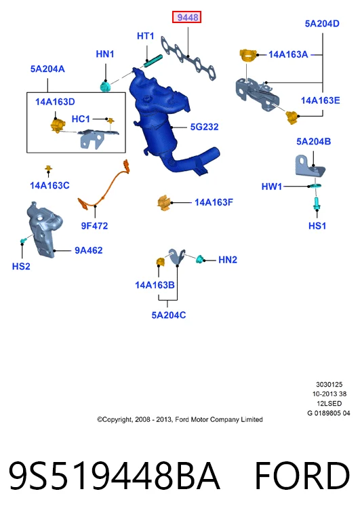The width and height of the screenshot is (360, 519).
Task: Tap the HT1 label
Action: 146,36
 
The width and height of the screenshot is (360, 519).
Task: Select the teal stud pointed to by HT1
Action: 153,60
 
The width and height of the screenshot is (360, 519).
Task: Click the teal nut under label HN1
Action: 106,86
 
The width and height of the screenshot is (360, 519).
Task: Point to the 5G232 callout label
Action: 204,127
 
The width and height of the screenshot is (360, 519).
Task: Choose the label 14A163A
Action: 288,55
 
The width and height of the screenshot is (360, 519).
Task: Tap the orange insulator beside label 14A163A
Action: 248,55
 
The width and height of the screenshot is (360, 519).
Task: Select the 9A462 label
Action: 89,250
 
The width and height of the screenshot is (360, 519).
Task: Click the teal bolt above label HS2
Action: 23,241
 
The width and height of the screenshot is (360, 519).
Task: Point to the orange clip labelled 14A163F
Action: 164,203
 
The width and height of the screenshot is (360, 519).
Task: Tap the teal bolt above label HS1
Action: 317,204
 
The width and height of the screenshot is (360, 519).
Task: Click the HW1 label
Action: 272,187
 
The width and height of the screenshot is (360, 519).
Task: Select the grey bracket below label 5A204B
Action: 310,166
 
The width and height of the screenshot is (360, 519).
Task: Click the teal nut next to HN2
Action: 199,259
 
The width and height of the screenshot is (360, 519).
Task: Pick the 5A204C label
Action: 169,315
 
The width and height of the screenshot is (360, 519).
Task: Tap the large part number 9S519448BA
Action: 115,476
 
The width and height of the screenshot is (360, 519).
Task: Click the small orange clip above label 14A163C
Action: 49,169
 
